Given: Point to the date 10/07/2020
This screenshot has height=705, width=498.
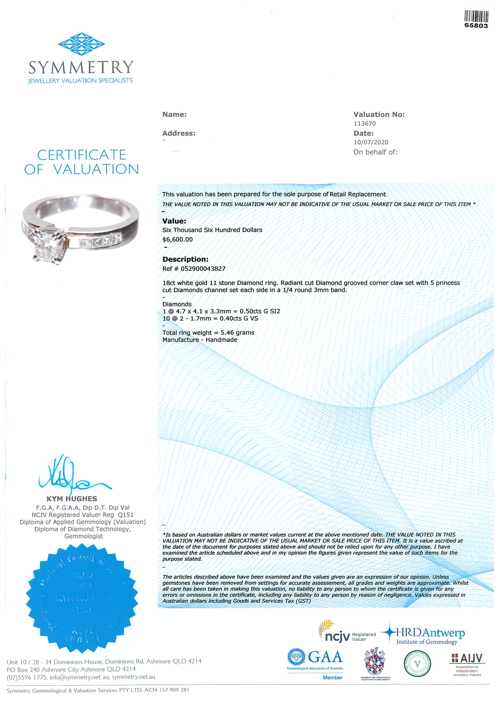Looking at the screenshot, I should pos(371,142).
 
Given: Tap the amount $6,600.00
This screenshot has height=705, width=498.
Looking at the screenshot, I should pos(177,239).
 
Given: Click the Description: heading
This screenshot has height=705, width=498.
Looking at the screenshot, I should pos(185,259).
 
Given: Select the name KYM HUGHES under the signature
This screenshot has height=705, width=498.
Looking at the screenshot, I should pos(71,499).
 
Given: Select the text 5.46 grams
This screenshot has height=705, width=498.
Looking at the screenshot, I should pos(237,333).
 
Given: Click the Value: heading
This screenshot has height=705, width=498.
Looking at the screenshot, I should pos(174,221).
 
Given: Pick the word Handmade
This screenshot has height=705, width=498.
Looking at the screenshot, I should pos(221,340).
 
